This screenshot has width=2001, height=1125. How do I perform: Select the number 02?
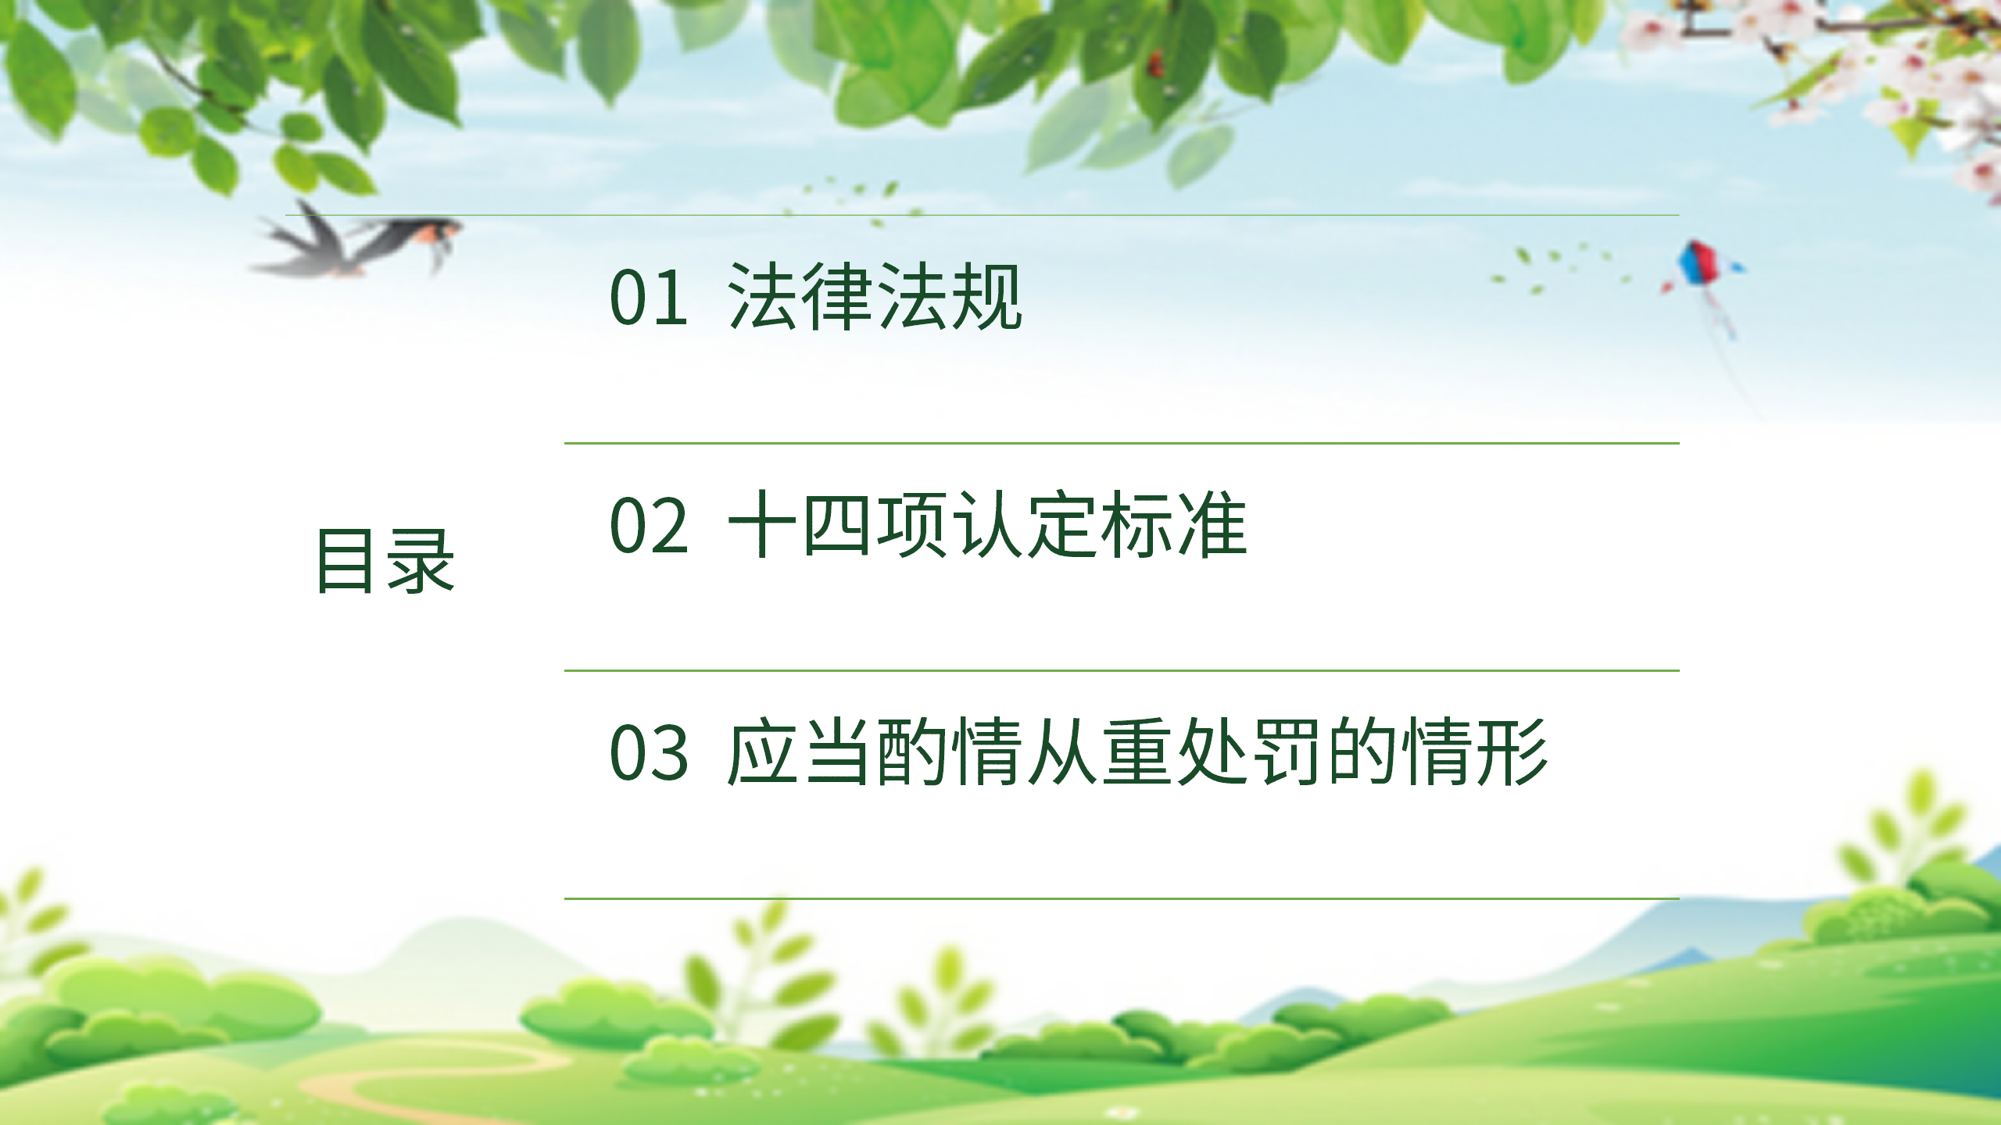tap(649, 525)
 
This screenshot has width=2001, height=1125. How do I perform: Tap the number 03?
tap(649, 752)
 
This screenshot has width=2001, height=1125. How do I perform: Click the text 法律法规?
tap(875, 296)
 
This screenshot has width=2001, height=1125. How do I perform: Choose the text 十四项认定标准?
tap(987, 524)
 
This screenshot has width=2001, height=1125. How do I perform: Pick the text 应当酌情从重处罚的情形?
tap(1137, 752)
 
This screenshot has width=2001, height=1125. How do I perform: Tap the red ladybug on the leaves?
tap(1154, 63)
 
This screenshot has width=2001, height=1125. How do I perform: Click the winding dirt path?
tap(438, 1078)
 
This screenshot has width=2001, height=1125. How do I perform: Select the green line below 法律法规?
tap(1122, 443)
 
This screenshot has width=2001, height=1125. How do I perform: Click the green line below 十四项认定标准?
tap(1122, 670)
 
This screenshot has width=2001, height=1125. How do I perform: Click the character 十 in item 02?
tap(762, 524)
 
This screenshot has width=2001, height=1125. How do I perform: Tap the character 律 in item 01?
tap(837, 296)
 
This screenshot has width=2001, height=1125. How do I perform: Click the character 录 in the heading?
tap(421, 560)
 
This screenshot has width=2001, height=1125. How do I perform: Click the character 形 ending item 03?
tap(1513, 752)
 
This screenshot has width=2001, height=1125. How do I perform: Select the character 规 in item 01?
tap(987, 296)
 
